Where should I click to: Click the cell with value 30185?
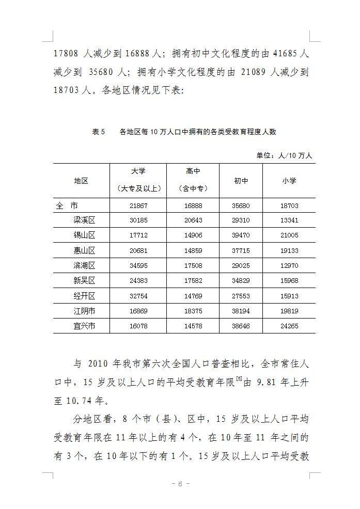(x=138, y=220)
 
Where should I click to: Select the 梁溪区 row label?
(x=85, y=220)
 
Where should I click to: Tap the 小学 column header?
(x=289, y=181)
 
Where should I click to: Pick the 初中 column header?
(x=241, y=181)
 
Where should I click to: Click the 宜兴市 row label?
(x=85, y=326)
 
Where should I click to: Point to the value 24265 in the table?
(x=289, y=326)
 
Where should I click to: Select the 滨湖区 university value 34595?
(x=138, y=265)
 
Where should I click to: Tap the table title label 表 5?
(x=98, y=132)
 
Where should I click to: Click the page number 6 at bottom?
(x=180, y=484)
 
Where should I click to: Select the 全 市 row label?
(x=67, y=205)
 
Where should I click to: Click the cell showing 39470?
(x=241, y=235)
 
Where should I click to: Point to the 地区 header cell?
(x=81, y=181)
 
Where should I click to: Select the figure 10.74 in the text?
(x=80, y=400)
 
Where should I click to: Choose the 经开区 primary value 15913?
(x=289, y=296)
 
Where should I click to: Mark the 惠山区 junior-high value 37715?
(x=241, y=250)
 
